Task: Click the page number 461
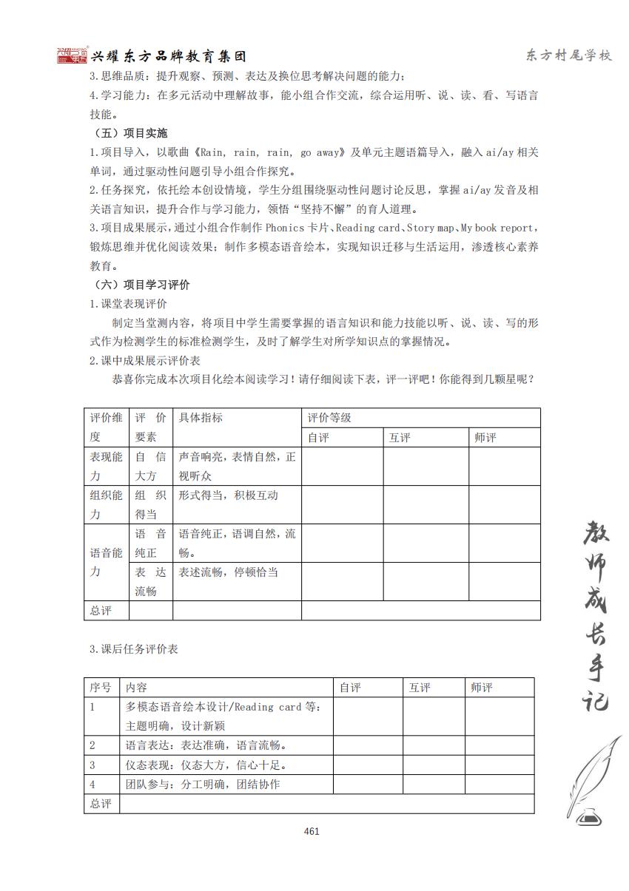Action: pyautogui.click(x=312, y=831)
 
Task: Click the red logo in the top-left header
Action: pyautogui.click(x=72, y=56)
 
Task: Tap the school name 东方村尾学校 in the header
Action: pyautogui.click(x=568, y=56)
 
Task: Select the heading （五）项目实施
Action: pyautogui.click(x=131, y=133)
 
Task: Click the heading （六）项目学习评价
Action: pyautogui.click(x=142, y=285)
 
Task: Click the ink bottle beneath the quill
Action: pyautogui.click(x=589, y=816)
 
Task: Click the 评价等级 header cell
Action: pyautogui.click(x=330, y=418)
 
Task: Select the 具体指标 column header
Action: pyautogui.click(x=201, y=418)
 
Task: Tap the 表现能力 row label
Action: pyautogui.click(x=107, y=467)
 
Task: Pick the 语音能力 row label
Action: pyautogui.click(x=107, y=562)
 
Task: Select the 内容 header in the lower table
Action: pyautogui.click(x=137, y=688)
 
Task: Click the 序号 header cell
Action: pyautogui.click(x=101, y=688)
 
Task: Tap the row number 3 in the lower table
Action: pyautogui.click(x=93, y=765)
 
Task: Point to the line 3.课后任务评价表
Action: pyautogui.click(x=134, y=649)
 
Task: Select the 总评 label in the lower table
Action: pyautogui.click(x=101, y=804)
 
